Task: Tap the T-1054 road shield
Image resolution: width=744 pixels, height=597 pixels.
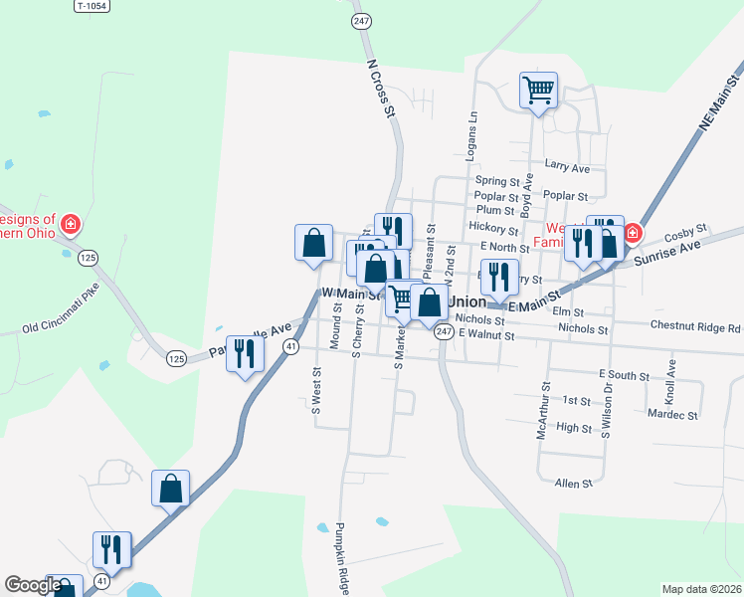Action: [x=93, y=6]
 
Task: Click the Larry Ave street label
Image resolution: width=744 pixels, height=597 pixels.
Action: [x=567, y=167]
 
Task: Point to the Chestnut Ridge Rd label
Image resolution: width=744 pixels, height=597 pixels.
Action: [x=695, y=326]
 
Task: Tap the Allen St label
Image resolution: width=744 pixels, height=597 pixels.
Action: [x=574, y=483]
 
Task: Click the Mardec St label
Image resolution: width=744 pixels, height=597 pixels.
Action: [x=672, y=413]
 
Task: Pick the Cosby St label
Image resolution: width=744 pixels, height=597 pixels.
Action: [x=684, y=230]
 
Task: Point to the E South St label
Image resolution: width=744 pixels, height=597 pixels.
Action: [x=624, y=374]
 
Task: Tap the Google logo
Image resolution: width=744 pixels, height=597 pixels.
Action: [x=33, y=586]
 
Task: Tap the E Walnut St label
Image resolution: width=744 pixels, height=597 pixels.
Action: [x=486, y=336]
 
